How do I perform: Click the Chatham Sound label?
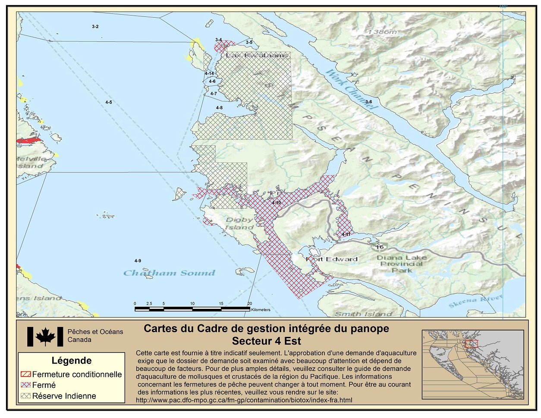click(x=169, y=273)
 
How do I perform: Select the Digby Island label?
click(x=239, y=223)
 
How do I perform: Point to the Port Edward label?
click(x=332, y=259)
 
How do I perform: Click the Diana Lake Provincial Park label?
click(x=402, y=264)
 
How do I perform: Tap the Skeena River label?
click(x=476, y=301)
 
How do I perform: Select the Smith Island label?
click(x=363, y=314)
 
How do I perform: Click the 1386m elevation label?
click(x=382, y=32)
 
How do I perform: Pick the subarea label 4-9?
click(x=138, y=261)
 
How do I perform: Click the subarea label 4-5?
click(x=109, y=102)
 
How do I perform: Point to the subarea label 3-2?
click(x=95, y=27)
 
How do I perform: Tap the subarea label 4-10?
click(x=276, y=202)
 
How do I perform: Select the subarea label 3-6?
click(x=368, y=102)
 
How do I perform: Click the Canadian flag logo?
click(x=45, y=336)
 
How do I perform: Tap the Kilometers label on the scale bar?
click(x=261, y=310)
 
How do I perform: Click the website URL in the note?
click(x=244, y=400)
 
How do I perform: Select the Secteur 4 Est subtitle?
click(x=266, y=341)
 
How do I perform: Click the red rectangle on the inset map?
click(x=471, y=343)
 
